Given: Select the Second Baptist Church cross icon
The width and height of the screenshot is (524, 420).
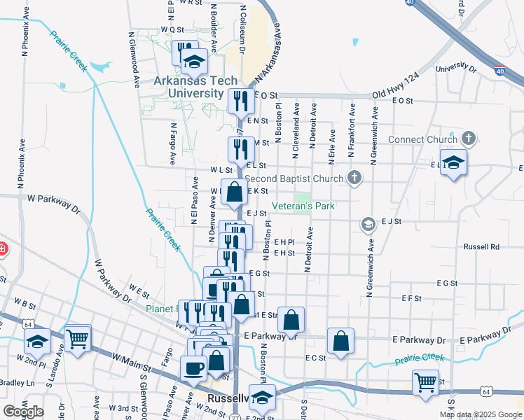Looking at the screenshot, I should coord(354,178).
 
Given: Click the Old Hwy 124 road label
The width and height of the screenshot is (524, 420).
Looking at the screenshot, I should coord(395,84).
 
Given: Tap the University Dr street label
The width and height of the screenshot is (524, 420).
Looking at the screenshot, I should coord(455,69).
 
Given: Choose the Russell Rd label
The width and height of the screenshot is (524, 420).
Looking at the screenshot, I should coord(481,247).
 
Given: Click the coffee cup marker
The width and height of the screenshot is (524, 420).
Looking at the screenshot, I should coord(193,368).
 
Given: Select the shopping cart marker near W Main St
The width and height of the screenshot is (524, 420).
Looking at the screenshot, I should coord(78,339).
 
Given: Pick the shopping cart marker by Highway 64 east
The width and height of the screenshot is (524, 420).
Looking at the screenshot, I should coord(425,383).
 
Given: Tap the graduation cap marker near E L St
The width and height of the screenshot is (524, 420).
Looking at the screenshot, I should coord(453,164).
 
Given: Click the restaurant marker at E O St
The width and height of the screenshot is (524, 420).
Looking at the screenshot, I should coord(240,101).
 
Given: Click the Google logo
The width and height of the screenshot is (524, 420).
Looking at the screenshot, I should coord(24,412).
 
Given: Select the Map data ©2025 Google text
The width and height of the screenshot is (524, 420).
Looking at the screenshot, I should coord(480,414).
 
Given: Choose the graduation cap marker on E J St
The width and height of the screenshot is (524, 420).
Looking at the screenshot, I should coord(367,224).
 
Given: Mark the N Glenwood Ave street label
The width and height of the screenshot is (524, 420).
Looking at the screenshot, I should coord(134,59).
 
